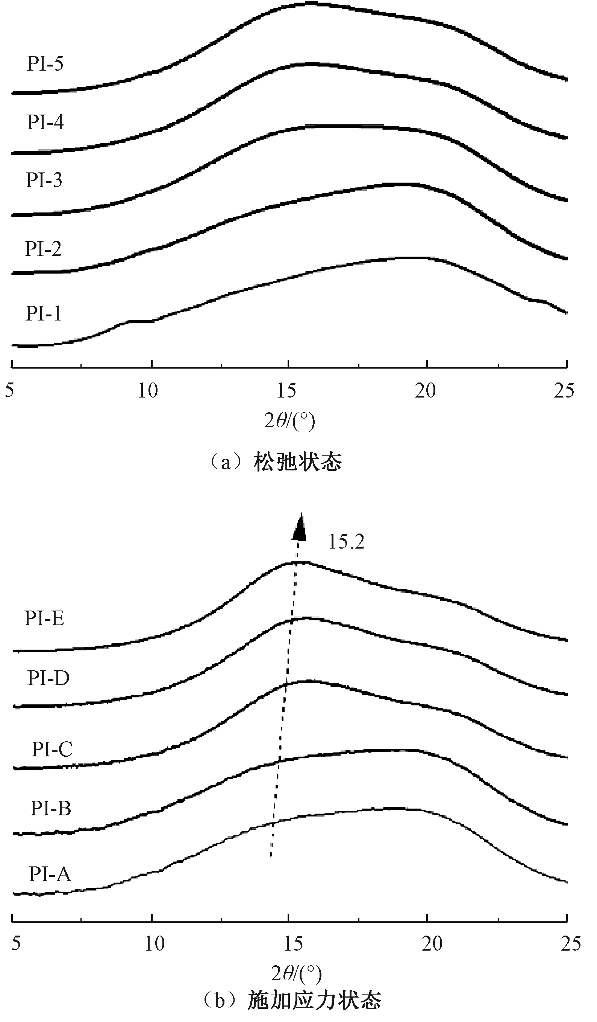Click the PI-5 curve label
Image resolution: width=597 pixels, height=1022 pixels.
pyautogui.click(x=45, y=63)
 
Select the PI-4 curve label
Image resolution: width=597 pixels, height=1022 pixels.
pyautogui.click(x=45, y=122)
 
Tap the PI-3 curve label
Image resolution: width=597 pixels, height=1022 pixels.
pyautogui.click(x=44, y=180)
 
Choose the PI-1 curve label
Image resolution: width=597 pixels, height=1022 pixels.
pyautogui.click(x=44, y=313)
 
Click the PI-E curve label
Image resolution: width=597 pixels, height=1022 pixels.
pyautogui.click(x=44, y=618)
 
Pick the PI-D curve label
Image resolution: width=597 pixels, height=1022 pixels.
pyautogui.click(x=48, y=678)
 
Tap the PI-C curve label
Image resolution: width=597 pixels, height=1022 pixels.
pyautogui.click(x=52, y=749)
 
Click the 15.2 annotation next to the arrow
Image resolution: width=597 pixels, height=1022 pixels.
pyautogui.click(x=346, y=542)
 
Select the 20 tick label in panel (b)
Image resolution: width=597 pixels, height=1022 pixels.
pyautogui.click(x=432, y=944)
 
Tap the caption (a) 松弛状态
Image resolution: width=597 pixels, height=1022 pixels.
pyautogui.click(x=275, y=462)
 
